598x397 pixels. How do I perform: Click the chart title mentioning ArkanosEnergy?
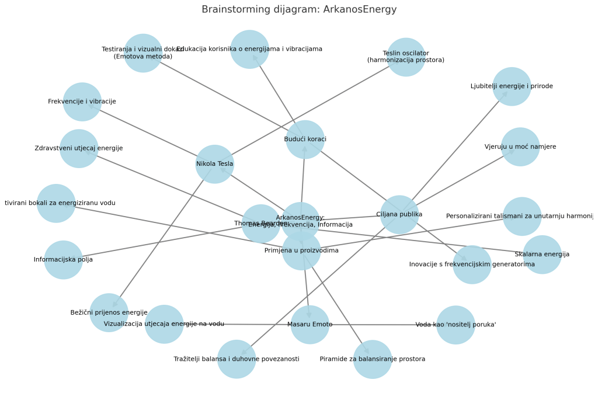pyautogui.click(x=299, y=9)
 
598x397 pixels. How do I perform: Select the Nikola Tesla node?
pyautogui.click(x=214, y=164)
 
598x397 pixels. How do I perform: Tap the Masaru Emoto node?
pyautogui.click(x=310, y=325)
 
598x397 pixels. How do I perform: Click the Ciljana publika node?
pyautogui.click(x=399, y=214)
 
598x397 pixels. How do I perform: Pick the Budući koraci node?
pyautogui.click(x=305, y=140)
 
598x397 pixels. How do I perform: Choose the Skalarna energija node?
pyautogui.click(x=542, y=255)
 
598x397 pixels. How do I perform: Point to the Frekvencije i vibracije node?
pyautogui.click(x=82, y=102)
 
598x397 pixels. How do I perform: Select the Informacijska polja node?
pyautogui.click(x=63, y=260)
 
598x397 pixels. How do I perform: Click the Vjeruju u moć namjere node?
pyautogui.click(x=520, y=147)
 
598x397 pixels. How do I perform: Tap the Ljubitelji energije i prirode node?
pyautogui.click(x=512, y=86)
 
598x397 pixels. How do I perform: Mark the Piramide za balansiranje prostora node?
pyautogui.click(x=373, y=359)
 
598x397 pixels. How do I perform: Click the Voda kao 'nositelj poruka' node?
pyautogui.click(x=456, y=325)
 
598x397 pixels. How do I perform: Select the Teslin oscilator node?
pyautogui.click(x=406, y=57)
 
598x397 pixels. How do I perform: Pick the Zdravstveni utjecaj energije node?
pyautogui.click(x=79, y=148)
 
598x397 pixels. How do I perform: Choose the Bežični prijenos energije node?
pyautogui.click(x=109, y=312)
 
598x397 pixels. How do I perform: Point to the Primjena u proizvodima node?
pyautogui.click(x=301, y=251)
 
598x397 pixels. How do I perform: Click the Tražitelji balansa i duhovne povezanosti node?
pyautogui.click(x=237, y=359)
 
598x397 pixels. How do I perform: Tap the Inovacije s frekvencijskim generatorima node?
pyautogui.click(x=472, y=264)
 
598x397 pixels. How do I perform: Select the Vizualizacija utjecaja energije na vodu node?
pyautogui.click(x=164, y=324)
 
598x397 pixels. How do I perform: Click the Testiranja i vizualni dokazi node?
pyautogui.click(x=143, y=53)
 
